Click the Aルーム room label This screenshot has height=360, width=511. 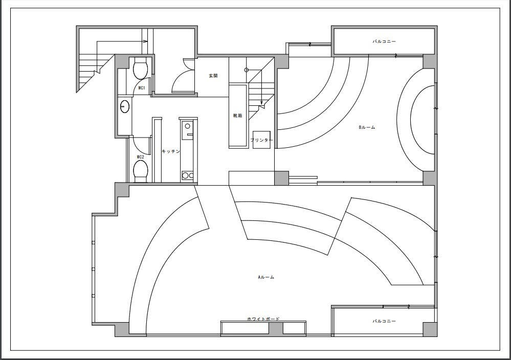coord(266,277)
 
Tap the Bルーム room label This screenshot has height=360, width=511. coord(367,127)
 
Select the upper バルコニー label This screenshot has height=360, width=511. coord(384,42)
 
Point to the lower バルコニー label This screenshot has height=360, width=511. coord(384,321)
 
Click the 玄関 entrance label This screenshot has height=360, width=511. coord(213,76)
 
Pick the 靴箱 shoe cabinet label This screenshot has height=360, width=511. coord(237,116)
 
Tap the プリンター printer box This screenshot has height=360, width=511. coord(261,140)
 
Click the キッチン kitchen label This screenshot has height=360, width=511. coord(171,151)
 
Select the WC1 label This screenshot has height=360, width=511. coord(142,88)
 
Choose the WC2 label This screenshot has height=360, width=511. coord(141,157)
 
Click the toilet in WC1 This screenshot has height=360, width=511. coord(141,69)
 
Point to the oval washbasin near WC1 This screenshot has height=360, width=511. coord(125,106)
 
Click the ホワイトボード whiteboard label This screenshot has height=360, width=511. coord(263,319)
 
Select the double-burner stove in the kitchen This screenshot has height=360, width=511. coord(187,175)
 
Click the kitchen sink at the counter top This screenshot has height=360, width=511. coord(187,126)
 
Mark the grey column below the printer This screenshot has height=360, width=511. coord(281,178)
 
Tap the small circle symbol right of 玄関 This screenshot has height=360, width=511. coord(247,70)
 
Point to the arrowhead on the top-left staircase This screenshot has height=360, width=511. coord(145,41)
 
